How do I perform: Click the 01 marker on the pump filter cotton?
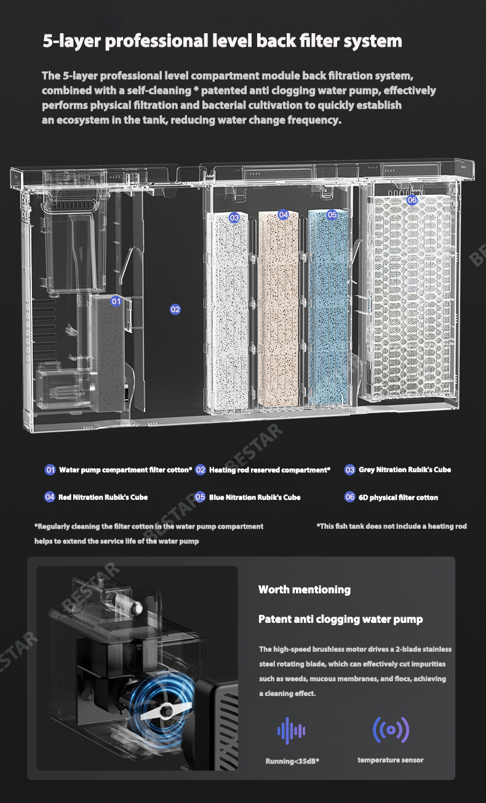(x=116, y=301)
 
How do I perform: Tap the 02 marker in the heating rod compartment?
(x=175, y=309)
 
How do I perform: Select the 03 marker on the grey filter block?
(x=234, y=218)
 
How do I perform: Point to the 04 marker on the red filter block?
(x=283, y=215)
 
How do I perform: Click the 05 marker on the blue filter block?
(x=332, y=215)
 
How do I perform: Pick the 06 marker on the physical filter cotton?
(x=412, y=200)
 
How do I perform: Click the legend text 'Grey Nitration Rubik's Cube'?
(x=404, y=470)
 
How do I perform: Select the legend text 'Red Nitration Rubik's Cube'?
(x=103, y=497)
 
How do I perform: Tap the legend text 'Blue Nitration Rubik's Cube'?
(x=254, y=497)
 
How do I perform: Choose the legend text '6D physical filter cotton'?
(x=398, y=497)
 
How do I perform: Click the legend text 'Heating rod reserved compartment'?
(x=269, y=470)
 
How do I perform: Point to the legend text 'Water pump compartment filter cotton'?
(x=125, y=470)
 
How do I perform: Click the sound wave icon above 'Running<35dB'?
(x=292, y=730)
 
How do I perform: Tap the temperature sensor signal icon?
(x=391, y=729)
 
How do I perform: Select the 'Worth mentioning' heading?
(x=304, y=590)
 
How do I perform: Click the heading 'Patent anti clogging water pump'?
(x=340, y=619)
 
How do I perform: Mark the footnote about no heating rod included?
(x=391, y=526)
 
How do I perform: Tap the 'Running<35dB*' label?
(x=292, y=761)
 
